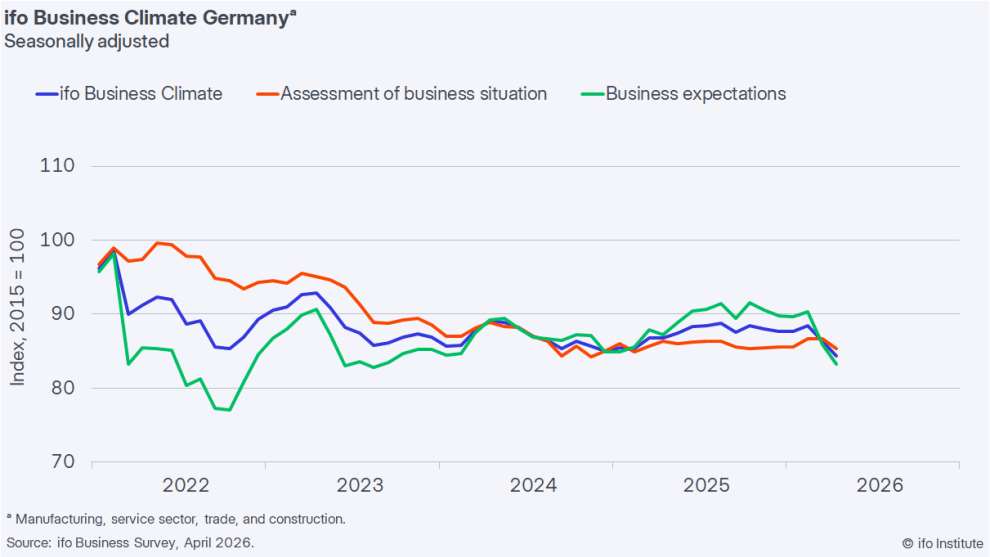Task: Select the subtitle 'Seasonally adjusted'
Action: pos(87,41)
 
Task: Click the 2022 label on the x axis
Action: pos(185,486)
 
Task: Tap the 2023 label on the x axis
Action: pos(359,486)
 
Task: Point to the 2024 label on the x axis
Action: pos(533,486)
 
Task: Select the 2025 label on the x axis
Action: pos(707,486)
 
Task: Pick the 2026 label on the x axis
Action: pos(880,486)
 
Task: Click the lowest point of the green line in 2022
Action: pos(230,410)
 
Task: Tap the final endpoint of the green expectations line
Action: pos(836,364)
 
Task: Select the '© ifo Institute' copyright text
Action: pos(941,543)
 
